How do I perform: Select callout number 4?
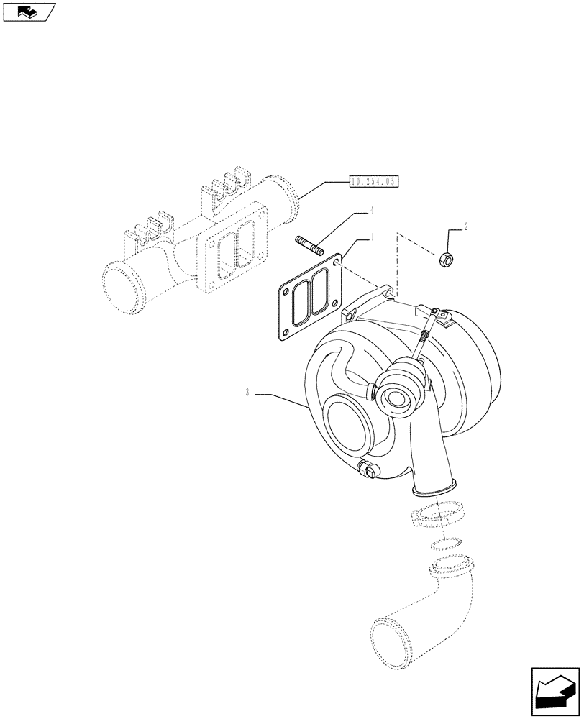[x=372, y=211]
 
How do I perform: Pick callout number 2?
[x=466, y=227]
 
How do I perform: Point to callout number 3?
[x=247, y=393]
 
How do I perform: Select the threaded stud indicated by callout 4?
[x=310, y=246]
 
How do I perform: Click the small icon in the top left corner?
[x=29, y=12]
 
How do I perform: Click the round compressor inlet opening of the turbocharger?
[x=352, y=429]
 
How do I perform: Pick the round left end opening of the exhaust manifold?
[x=122, y=283]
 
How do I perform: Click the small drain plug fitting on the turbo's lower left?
[x=368, y=470]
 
